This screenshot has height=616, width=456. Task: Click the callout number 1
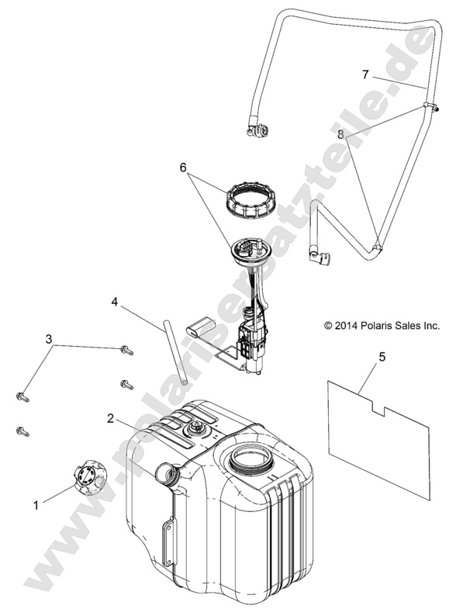click(36, 505)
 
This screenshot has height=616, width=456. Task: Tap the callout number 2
click(111, 418)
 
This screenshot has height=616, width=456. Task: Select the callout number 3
click(49, 338)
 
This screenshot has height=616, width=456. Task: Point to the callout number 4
click(114, 302)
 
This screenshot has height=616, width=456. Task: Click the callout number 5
click(382, 357)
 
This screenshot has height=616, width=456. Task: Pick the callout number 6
click(183, 168)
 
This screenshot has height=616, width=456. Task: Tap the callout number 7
click(365, 74)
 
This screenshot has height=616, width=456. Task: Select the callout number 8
click(340, 135)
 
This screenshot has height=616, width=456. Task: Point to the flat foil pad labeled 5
click(378, 439)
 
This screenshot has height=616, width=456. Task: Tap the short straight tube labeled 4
click(174, 352)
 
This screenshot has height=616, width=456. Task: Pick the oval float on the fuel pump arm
click(202, 326)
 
